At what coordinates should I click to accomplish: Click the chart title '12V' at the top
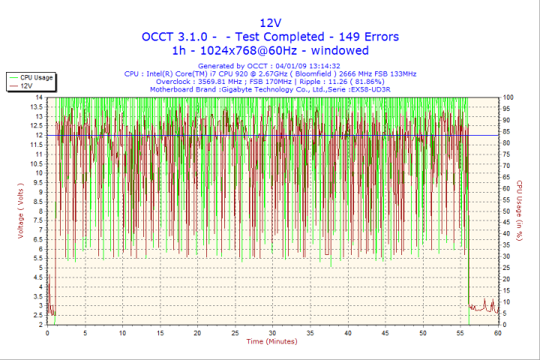click(x=270, y=22)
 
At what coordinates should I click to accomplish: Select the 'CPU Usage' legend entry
click(x=36, y=77)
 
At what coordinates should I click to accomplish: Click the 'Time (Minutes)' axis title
click(x=271, y=341)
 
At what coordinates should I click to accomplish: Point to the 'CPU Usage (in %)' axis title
click(x=517, y=211)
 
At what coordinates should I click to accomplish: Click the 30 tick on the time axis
click(x=272, y=332)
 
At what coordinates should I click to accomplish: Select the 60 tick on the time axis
click(x=497, y=332)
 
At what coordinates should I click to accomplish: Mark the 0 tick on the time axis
click(x=47, y=332)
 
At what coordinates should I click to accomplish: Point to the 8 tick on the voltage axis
click(x=40, y=211)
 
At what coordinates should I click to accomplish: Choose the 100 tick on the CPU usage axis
click(x=508, y=97)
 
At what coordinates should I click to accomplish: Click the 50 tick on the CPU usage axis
click(x=507, y=211)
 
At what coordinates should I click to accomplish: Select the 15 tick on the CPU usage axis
click(x=507, y=290)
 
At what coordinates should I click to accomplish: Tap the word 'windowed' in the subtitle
click(x=340, y=50)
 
